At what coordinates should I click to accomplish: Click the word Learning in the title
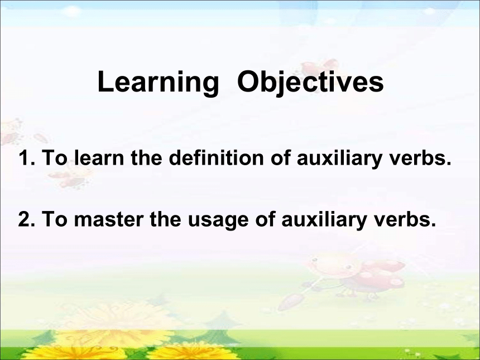pos(159,82)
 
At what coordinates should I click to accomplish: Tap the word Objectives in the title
pos(310,82)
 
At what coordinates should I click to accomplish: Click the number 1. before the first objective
pos(27,157)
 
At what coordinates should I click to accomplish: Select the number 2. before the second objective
pos(27,219)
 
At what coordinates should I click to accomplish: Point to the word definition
pos(216,157)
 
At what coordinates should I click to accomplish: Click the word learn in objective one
pos(99,157)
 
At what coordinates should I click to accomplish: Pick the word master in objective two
pos(109,219)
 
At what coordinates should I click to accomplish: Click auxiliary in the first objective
pos(339,159)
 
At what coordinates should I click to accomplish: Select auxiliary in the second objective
pos(324,219)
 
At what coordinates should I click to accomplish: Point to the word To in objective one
pos(55,157)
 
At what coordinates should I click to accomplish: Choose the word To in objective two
pos(55,219)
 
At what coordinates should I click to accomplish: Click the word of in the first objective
pos(280,157)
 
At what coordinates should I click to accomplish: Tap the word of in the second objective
pos(265,219)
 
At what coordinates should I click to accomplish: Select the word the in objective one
pos(146,157)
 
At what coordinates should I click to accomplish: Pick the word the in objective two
pos(165,219)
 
